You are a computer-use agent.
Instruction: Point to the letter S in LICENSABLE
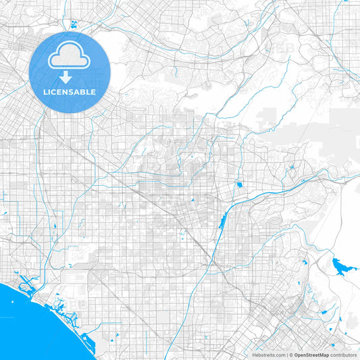[72, 91]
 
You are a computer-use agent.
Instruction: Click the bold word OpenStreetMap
[311, 355]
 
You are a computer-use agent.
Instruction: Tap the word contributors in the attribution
[343, 355]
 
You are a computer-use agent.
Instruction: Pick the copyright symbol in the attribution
[290, 355]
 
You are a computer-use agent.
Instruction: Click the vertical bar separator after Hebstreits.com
[285, 355]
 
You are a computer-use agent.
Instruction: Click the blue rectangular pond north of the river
[238, 184]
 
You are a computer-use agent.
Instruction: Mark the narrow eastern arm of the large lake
[352, 269]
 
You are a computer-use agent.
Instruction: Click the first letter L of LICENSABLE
[47, 91]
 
